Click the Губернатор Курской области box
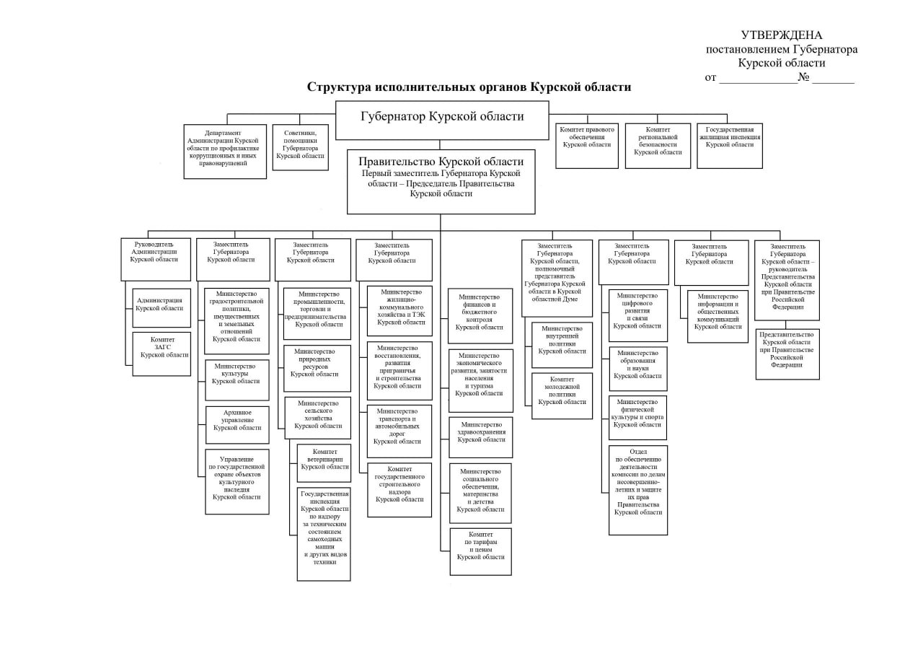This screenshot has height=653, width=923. (x=441, y=120)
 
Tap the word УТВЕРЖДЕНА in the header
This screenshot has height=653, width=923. (x=781, y=35)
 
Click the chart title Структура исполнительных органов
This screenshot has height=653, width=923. (x=469, y=87)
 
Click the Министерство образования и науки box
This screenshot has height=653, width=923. (x=637, y=369)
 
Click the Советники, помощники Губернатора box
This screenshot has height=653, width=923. (x=300, y=147)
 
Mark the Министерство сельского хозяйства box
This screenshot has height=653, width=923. (x=317, y=418)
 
